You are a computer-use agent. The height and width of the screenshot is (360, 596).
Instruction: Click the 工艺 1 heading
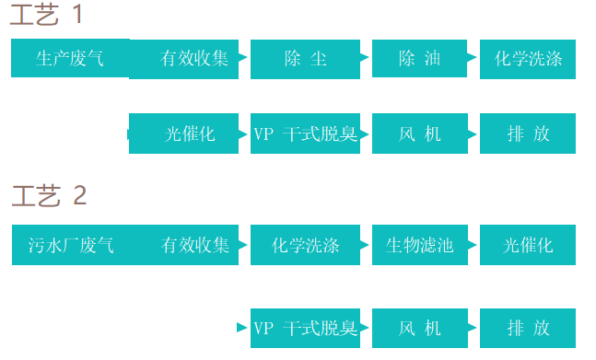51,16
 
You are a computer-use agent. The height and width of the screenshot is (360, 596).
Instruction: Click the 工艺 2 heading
51,196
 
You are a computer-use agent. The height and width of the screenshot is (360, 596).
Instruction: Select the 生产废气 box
70,59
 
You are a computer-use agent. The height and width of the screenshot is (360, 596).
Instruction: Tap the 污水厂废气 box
71,245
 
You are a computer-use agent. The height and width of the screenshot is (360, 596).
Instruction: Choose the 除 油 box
419,59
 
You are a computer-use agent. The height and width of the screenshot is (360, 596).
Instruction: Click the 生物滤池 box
419,245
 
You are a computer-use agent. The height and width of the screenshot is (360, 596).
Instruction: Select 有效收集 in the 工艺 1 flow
193,59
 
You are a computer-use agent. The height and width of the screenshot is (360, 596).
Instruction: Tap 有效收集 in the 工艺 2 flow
194,245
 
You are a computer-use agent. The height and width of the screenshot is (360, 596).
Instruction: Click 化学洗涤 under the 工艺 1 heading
528,59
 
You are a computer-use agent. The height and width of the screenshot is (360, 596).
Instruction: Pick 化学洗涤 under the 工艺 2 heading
306,245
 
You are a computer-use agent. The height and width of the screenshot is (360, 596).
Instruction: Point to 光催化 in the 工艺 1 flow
190,134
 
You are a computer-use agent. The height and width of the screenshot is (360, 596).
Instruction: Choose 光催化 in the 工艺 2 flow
528,245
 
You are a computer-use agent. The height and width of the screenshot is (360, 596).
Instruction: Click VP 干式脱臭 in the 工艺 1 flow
306,134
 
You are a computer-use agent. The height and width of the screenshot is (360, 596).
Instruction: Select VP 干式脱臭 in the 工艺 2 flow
306,328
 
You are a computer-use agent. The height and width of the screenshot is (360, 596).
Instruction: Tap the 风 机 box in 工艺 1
419,134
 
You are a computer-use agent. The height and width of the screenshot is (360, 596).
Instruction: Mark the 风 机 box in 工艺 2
419,328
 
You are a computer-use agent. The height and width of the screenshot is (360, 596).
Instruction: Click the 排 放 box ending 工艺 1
528,134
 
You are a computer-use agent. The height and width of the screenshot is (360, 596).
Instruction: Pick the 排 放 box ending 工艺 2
528,328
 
